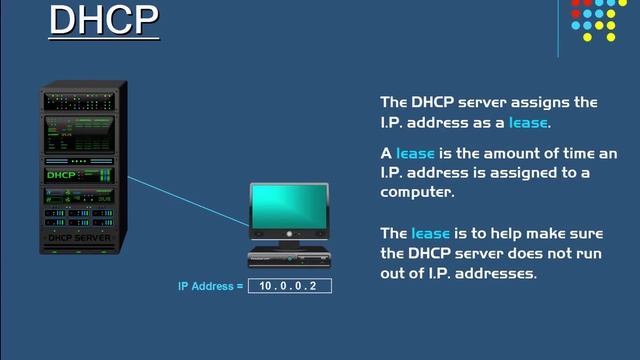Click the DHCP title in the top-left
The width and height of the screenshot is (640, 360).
[x=104, y=21]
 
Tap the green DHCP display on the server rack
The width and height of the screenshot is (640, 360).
[x=62, y=174]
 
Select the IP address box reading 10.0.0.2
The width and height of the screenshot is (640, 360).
[x=289, y=286]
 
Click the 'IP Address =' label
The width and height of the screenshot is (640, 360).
[x=211, y=286]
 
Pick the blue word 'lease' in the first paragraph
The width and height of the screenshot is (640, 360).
[x=529, y=122]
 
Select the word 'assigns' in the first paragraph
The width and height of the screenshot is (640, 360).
[x=547, y=102]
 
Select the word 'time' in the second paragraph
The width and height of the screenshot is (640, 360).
[x=568, y=154]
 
